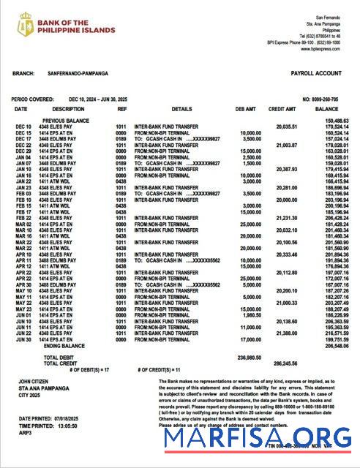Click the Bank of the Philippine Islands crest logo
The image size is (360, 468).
(x=26, y=24)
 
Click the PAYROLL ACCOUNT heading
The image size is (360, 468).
(x=316, y=74)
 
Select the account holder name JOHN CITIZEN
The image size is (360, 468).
(x=34, y=382)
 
